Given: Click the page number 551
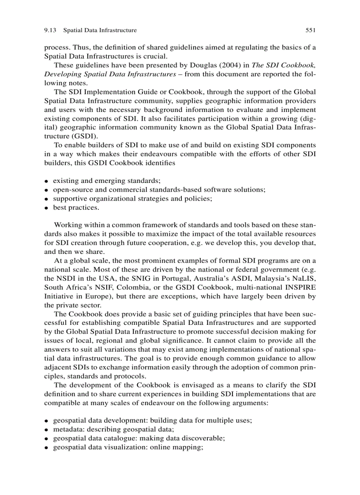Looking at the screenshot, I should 311,30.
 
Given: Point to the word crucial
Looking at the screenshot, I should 155,56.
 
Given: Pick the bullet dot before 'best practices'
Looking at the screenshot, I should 46,208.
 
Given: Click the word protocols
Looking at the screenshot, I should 130,376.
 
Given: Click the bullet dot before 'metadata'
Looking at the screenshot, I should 46,430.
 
